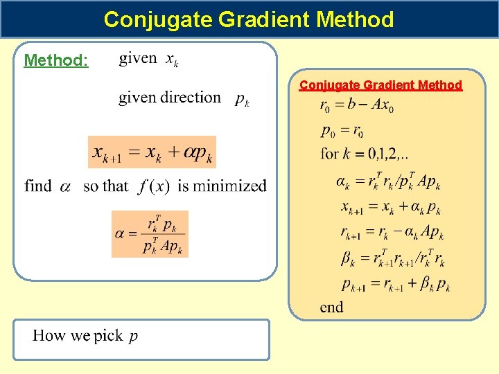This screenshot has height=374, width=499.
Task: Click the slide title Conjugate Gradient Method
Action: pos(249,19)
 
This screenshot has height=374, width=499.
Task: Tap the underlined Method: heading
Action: pos(56,60)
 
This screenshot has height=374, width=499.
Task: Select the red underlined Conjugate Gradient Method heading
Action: pos(380,85)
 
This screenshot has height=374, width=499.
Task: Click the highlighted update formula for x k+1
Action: pos(152,152)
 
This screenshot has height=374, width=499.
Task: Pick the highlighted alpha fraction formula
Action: pos(150,234)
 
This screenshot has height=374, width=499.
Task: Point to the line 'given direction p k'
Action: pos(184,98)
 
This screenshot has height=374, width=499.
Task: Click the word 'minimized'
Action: pos(232,186)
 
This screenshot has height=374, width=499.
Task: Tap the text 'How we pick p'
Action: pos(85,336)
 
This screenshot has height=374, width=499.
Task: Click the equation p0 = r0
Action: pos(342,130)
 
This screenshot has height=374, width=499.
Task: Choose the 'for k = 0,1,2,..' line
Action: pos(364,153)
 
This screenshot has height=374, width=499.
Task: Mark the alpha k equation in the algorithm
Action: pos(387,181)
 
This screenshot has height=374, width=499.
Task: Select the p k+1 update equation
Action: pos(395,284)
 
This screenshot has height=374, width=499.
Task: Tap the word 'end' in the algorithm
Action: pos(331,307)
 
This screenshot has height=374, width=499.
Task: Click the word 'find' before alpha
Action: pos(38,186)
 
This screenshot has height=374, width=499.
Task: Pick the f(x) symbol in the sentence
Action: pos(154,186)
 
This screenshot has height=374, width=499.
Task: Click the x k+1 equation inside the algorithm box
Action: pos(390,207)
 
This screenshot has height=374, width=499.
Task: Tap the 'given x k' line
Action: pos(148,60)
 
